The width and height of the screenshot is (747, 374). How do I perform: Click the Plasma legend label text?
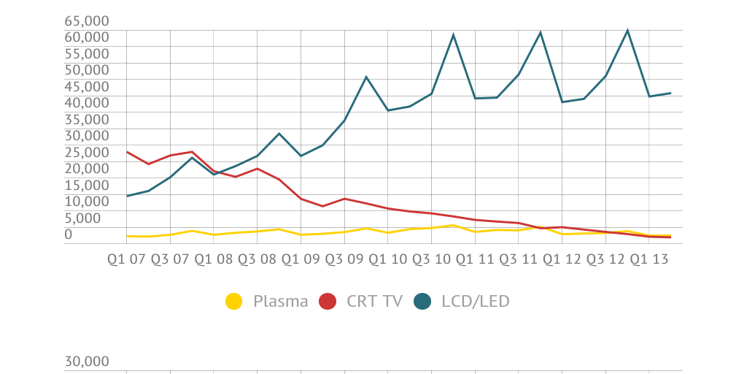point(280,301)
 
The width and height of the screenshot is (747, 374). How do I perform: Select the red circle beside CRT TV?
point(328,301)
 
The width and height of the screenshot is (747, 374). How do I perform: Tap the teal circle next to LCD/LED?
point(422,301)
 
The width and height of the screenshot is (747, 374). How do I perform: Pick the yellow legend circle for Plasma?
point(233,301)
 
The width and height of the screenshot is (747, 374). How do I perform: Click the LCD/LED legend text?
point(475,301)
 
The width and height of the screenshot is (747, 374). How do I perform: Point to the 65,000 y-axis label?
point(87,20)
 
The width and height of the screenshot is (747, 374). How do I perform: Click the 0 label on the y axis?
point(69,234)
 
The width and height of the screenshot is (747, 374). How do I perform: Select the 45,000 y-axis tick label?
point(87,86)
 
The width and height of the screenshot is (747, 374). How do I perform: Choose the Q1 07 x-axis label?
point(126,259)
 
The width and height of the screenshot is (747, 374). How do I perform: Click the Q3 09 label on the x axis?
point(344,259)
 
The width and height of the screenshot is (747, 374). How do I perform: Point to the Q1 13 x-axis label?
point(649,259)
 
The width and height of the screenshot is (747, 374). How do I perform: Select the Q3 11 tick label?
point(518,259)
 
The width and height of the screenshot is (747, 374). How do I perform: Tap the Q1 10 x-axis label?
point(387,259)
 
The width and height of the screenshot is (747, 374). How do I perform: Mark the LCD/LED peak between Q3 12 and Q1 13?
point(627,30)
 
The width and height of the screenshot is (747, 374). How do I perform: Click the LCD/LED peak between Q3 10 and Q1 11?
point(453,34)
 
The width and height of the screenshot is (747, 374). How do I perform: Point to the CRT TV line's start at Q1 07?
point(127,152)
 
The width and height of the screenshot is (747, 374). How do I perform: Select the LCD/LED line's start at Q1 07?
point(127,196)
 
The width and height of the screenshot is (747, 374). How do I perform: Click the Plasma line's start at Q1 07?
point(127,236)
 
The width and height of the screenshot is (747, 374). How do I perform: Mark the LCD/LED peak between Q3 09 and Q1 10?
point(366,77)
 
